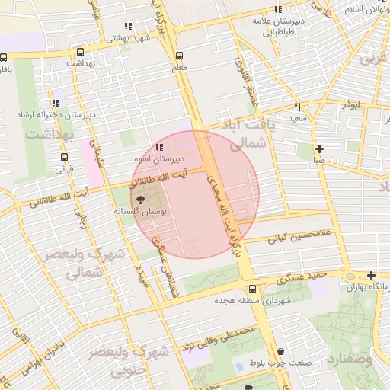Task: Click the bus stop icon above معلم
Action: [x=180, y=56]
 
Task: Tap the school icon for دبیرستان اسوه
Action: [x=158, y=147]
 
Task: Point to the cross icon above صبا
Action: [x=318, y=149]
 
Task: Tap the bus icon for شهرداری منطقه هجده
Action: [x=252, y=289]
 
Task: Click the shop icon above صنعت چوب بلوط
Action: [x=282, y=351]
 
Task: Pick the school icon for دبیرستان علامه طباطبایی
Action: [x=278, y=9]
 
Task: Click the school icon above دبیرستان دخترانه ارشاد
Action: [x=56, y=102]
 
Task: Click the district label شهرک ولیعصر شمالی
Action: [x=73, y=261]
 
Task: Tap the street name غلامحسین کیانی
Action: [x=299, y=238]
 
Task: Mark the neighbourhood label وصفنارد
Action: [x=356, y=357]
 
